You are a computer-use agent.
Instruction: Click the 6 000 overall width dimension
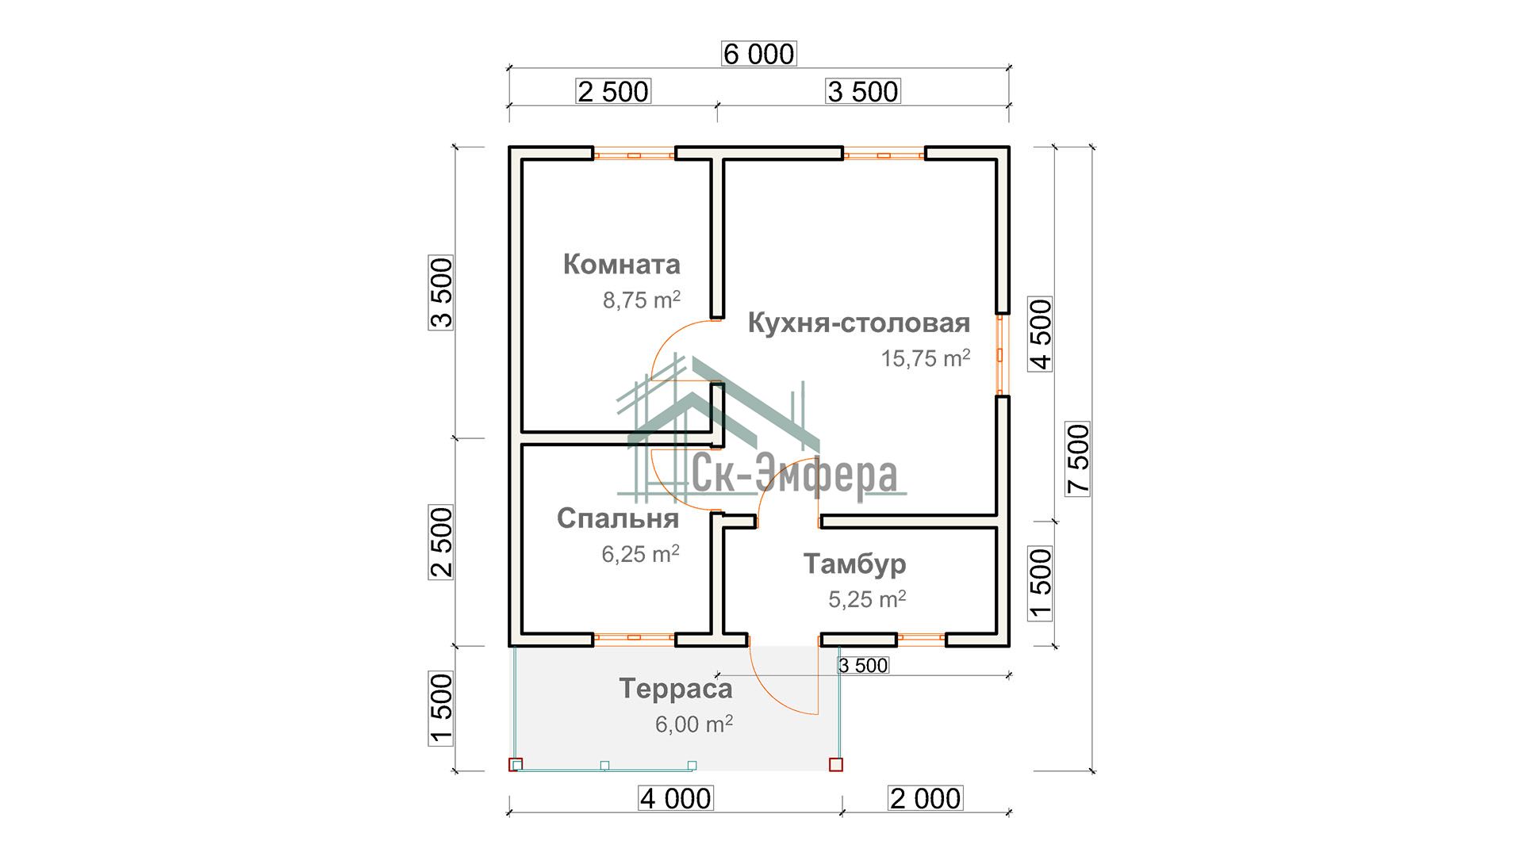coord(759,54)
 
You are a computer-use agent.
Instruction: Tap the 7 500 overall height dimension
coord(1079,459)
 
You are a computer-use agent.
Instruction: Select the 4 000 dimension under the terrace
coord(676,798)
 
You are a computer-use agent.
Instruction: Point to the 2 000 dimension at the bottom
coord(926,798)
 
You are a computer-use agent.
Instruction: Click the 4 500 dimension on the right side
coord(1040,334)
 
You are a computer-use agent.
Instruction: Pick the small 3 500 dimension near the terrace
coord(863,666)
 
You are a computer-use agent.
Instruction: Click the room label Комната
coord(622,264)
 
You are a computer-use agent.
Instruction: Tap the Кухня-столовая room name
coord(859,323)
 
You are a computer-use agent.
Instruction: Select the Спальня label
coord(618,518)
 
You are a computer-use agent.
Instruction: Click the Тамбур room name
coord(854,564)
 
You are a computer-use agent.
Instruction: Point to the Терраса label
coord(676,689)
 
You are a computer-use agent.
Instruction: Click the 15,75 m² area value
coord(926,358)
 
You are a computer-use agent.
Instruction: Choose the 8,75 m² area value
coord(642,300)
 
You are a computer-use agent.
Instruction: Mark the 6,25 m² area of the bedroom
coord(640,553)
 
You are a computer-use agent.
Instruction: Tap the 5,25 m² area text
coord(868,599)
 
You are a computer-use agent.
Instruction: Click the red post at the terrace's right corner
coord(835,765)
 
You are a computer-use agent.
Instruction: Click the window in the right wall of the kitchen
coord(1001,354)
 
